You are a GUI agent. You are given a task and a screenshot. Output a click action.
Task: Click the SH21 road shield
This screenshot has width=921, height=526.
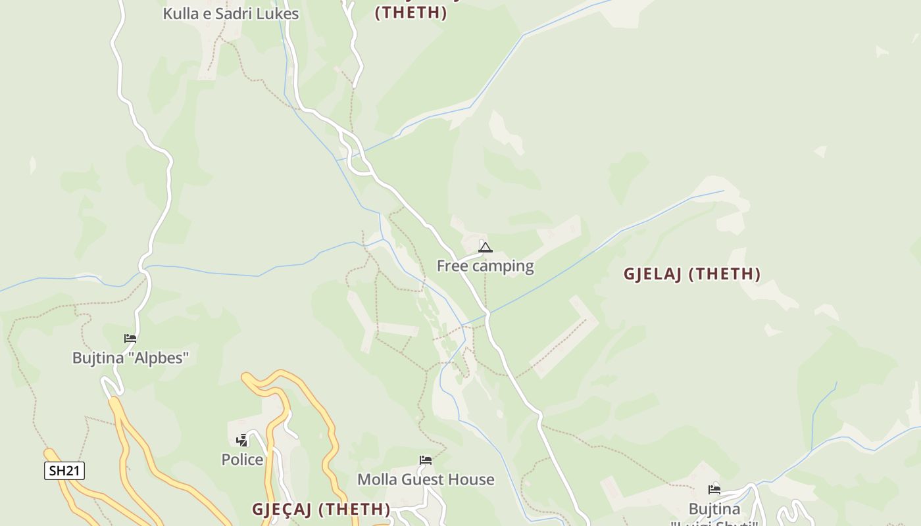click(x=64, y=471)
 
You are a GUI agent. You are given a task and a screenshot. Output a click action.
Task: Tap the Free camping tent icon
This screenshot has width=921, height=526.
click(x=485, y=248)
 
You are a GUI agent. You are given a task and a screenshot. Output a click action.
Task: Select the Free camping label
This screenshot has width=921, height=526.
click(x=485, y=266)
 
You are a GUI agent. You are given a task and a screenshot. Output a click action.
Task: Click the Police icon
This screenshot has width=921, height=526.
click(x=242, y=440)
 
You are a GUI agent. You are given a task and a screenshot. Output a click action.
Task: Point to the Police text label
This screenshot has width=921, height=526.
click(x=242, y=460)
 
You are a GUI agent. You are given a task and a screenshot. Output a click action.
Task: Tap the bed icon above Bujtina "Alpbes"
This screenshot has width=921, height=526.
click(x=130, y=339)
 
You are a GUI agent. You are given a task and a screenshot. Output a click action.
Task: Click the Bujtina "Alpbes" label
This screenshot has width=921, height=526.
click(x=130, y=358)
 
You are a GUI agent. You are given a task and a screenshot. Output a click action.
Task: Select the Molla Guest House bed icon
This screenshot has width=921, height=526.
click(x=426, y=460)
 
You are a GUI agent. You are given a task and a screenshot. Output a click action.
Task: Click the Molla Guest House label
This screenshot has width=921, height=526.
click(x=426, y=480)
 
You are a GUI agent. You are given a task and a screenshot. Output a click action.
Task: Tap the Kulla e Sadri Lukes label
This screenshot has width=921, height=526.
click(x=230, y=14)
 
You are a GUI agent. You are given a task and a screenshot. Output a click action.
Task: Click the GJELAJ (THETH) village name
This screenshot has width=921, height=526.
click(x=692, y=274)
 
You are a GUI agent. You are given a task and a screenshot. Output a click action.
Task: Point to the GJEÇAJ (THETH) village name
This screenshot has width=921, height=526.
click(x=321, y=510)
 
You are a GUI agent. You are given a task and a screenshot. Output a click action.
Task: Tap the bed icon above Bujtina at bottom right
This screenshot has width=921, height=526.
click(x=714, y=489)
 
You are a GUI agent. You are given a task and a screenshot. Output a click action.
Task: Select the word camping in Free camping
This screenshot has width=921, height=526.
click(x=503, y=266)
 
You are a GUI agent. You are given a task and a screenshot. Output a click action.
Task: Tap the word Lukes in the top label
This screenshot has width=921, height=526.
click(x=278, y=14)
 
